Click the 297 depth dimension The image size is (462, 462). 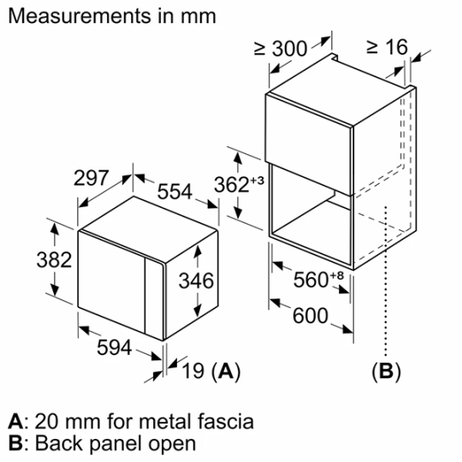(x=92, y=179)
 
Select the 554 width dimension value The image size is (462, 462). (x=175, y=192)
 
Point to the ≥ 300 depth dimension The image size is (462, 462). (x=281, y=49)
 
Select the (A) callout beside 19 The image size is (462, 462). (x=225, y=370)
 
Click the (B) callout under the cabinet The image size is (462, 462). (x=385, y=371)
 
